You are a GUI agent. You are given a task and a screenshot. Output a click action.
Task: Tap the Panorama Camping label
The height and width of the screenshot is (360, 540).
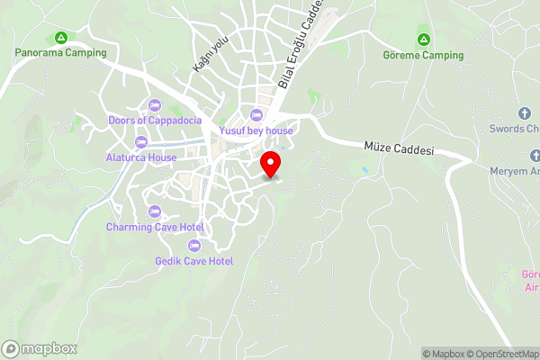coord(60,52)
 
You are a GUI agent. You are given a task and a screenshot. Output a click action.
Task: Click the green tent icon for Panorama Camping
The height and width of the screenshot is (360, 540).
coord(60,38)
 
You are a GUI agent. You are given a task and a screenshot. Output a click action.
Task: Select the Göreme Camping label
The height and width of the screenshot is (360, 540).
coord(423,55)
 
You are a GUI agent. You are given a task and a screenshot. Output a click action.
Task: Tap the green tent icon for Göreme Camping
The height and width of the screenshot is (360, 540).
coord(423,40)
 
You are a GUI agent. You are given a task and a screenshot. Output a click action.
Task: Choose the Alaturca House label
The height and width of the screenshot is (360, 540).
coord(140,157)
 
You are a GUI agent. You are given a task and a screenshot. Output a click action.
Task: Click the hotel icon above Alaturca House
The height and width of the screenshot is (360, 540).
coord(140,142)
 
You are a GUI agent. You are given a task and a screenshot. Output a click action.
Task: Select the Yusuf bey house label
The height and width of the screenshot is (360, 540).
coord(256,130)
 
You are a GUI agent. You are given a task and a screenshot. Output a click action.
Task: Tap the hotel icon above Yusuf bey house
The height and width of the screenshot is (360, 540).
coord(256,115)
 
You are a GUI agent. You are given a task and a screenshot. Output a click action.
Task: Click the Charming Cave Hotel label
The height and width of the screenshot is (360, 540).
coord(155,227)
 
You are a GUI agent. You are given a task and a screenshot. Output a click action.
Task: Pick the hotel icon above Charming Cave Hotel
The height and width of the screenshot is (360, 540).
coord(155,211)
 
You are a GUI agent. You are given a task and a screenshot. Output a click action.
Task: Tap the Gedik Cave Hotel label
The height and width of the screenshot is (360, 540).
coord(193,261)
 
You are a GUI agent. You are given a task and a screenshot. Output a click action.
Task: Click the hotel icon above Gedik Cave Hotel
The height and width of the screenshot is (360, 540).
coord(193,246)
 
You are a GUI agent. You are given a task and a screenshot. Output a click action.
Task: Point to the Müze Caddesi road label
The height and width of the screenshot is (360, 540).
coord(399,148)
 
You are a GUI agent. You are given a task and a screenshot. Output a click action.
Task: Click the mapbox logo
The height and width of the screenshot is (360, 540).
coord(40,348)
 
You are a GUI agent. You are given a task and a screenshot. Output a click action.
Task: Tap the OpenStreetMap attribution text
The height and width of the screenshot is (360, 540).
coord(500,354)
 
